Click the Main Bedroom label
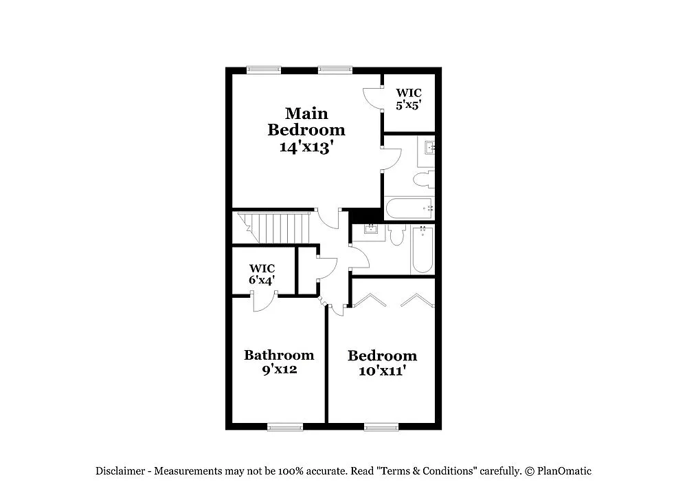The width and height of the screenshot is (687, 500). [x=306, y=121]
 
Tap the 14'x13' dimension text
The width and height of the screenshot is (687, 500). [x=306, y=146]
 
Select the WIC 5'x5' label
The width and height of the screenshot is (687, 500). [x=409, y=99]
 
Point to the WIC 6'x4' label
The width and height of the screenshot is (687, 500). [x=262, y=274]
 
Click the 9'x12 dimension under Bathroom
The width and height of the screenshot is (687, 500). [x=279, y=369]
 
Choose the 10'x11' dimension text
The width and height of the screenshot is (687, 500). [x=382, y=371]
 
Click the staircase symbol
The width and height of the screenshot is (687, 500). [x=274, y=227]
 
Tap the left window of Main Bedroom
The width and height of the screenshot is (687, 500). [x=264, y=69]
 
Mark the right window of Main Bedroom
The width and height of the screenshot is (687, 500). [x=335, y=69]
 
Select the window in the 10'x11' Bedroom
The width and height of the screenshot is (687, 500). [x=381, y=427]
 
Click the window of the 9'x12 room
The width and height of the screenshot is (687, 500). [x=285, y=427]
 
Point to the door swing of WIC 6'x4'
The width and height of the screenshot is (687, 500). [x=264, y=303]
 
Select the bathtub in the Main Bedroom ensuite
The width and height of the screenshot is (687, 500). [x=409, y=208]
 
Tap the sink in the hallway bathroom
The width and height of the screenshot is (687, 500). [x=372, y=229]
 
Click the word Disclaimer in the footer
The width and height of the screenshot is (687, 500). [x=120, y=471]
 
